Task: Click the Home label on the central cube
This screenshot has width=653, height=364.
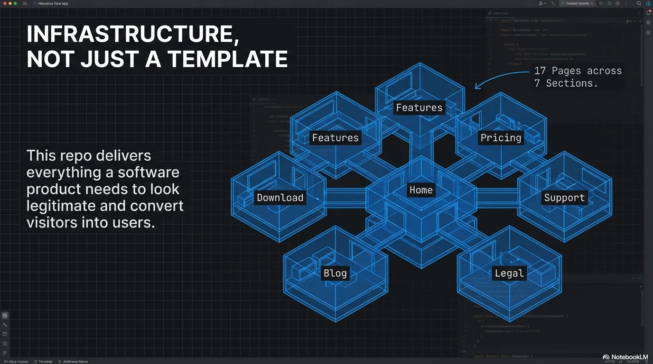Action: click(x=421, y=190)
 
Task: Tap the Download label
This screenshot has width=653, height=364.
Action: click(x=280, y=198)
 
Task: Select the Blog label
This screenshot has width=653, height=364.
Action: click(x=335, y=273)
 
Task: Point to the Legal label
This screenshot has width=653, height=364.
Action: click(x=509, y=273)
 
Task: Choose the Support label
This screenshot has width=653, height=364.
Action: click(x=564, y=198)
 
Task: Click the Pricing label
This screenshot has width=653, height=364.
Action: click(x=501, y=138)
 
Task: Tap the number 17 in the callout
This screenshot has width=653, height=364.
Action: click(x=540, y=71)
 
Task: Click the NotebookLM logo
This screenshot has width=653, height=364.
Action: click(x=625, y=357)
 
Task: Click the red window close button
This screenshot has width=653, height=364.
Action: click(x=5, y=3)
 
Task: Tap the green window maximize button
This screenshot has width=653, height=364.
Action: click(x=15, y=3)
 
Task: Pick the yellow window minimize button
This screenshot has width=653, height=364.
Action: click(x=10, y=3)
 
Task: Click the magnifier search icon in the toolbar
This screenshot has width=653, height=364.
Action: click(x=639, y=3)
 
